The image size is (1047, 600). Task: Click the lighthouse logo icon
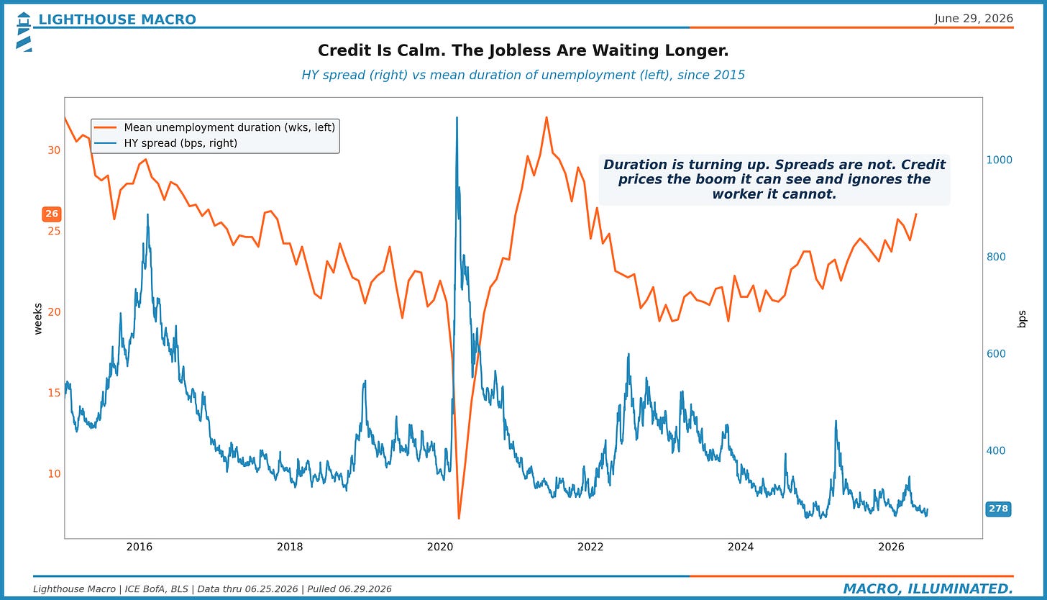23,32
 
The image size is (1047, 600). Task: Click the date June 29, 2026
974,18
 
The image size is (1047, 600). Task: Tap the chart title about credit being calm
523,50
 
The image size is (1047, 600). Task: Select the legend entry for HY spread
166,143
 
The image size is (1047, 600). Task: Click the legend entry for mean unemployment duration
214,127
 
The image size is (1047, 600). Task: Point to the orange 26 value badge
52,214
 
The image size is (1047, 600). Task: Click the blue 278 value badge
998,509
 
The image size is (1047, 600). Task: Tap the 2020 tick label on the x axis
440,547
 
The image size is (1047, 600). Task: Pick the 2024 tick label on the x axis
741,547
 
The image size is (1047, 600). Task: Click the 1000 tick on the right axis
1000,160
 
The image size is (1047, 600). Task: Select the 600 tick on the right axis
996,354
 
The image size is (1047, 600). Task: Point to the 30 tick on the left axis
54,150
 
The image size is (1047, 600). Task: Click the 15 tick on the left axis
54,393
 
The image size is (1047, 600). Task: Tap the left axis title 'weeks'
38,319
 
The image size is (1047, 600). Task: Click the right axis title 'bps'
1022,319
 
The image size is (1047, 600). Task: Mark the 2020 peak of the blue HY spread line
457,117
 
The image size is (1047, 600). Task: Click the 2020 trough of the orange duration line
459,518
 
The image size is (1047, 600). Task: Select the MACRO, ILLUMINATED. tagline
928,588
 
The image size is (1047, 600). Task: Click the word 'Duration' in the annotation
635,165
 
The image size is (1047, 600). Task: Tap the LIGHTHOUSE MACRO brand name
117,19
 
